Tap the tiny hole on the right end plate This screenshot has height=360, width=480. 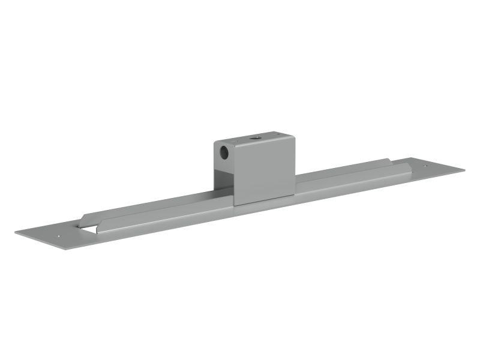(x=426, y=166)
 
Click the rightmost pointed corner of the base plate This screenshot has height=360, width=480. (x=464, y=169)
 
